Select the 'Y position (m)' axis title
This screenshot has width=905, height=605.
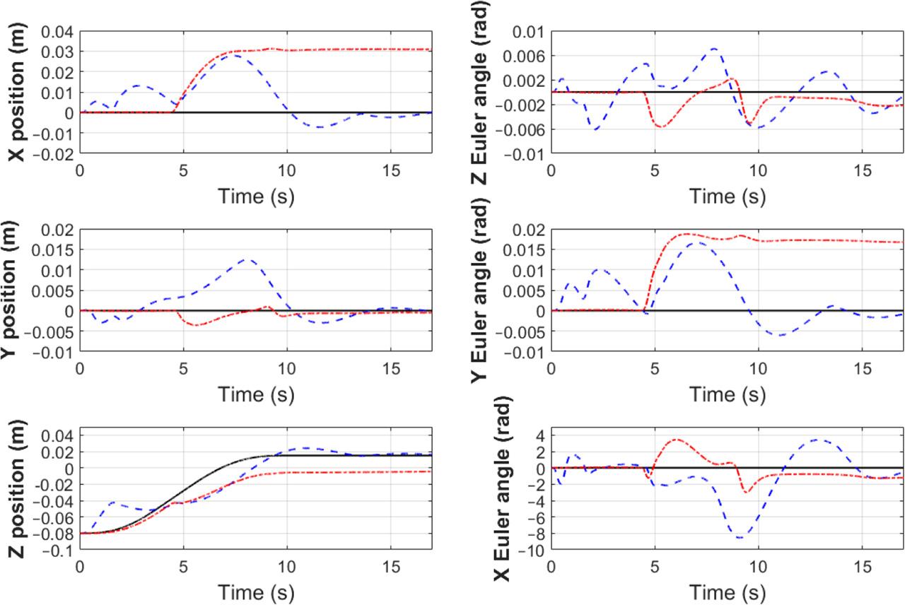[16, 290]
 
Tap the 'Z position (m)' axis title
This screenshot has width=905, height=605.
[16, 489]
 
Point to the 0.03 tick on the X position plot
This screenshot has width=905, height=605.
[59, 52]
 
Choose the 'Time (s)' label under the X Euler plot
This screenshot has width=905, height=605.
[727, 589]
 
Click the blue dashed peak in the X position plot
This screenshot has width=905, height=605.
[233, 54]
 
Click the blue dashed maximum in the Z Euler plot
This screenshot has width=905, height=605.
[714, 49]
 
